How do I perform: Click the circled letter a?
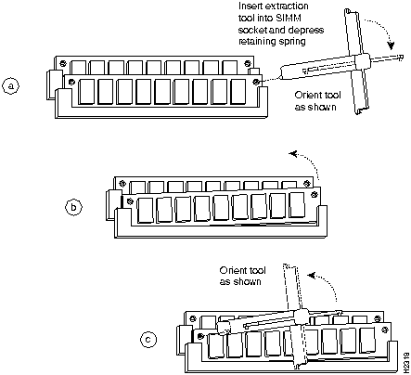point(11,86)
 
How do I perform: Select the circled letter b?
point(73,207)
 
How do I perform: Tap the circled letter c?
point(148,340)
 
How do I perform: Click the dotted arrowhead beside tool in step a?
point(392,45)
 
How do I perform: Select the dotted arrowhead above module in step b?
point(293,153)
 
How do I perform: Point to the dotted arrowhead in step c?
point(313,275)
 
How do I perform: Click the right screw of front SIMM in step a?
point(256,82)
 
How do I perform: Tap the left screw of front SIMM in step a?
point(71,82)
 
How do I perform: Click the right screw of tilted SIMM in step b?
point(315,195)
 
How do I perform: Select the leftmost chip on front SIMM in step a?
point(86,92)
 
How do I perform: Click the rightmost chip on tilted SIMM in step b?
point(298,205)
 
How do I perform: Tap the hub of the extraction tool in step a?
point(362,62)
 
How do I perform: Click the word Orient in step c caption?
point(231,270)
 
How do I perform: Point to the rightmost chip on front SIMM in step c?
point(368,340)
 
